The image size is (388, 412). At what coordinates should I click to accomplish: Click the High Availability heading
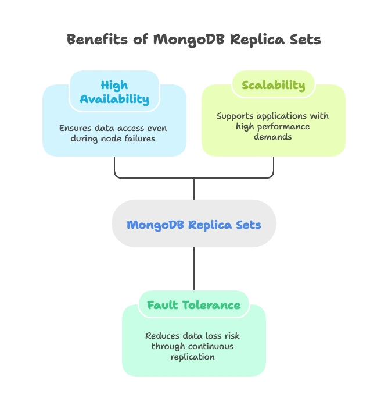click(x=114, y=92)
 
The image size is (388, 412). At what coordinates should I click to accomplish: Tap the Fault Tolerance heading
click(x=193, y=305)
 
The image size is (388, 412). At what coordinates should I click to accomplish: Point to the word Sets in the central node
click(x=247, y=225)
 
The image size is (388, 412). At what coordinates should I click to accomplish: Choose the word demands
click(x=272, y=137)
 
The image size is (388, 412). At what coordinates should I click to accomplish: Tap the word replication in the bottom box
click(x=193, y=357)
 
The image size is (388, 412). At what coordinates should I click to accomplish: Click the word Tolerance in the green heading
click(x=212, y=305)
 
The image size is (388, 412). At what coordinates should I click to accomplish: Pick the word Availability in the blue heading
click(x=114, y=100)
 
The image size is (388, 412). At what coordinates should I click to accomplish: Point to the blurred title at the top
click(x=194, y=40)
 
